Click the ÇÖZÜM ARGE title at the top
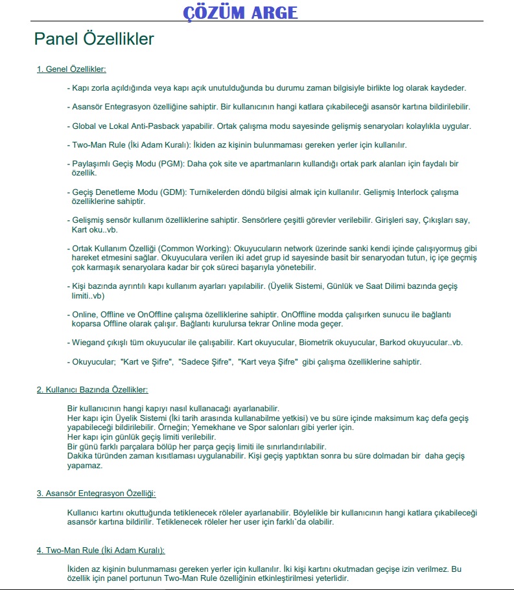[240, 12]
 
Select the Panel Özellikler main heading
[94, 39]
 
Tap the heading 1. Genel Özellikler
[71, 69]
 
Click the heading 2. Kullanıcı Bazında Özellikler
[92, 390]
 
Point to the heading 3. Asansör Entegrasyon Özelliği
[96, 494]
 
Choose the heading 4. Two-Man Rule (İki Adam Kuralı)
[100, 550]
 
